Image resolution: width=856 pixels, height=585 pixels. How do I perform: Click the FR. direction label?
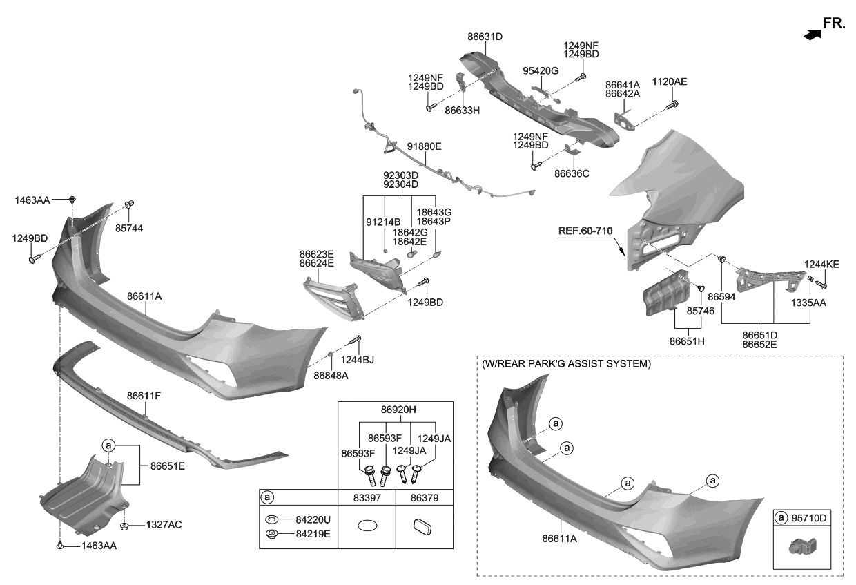[x=834, y=23]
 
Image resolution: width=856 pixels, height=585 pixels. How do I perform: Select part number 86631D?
[x=485, y=37]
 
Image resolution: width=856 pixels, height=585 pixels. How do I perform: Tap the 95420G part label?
[x=541, y=70]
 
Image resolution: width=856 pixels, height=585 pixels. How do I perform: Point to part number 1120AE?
[x=670, y=81]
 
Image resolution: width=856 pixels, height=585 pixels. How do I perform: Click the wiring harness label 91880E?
[x=424, y=146]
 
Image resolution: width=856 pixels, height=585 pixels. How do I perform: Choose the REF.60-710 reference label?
[x=586, y=229]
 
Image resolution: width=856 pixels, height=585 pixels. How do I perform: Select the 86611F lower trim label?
[x=144, y=396]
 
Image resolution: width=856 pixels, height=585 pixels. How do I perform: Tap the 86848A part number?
[x=331, y=375]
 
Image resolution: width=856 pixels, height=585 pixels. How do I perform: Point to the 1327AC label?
[x=164, y=525]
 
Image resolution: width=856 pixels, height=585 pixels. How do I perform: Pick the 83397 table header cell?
[x=367, y=497]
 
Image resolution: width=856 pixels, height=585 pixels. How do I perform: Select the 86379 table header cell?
[x=424, y=497]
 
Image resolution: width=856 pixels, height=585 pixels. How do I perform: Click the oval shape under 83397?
[x=367, y=526]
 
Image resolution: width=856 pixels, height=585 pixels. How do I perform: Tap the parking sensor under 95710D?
[x=803, y=549]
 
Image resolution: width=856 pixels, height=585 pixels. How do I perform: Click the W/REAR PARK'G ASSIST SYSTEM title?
[x=566, y=363]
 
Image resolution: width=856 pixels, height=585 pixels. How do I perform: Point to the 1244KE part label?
[x=821, y=265]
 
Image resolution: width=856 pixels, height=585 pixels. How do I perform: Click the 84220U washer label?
[x=311, y=519]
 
